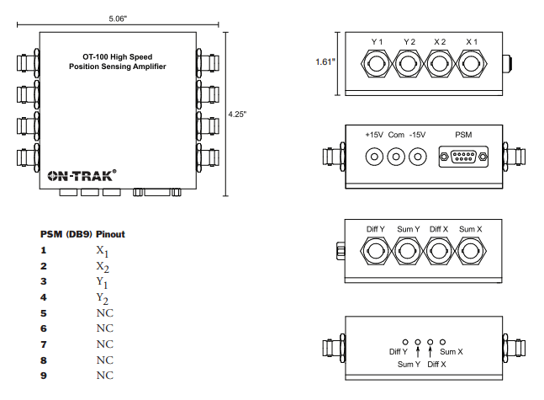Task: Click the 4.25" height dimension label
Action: pos(239,115)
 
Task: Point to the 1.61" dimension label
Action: pos(325,61)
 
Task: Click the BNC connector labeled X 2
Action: pos(440,62)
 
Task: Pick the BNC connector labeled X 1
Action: pos(471,62)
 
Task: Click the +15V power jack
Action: pos(373,157)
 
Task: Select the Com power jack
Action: pos(395,157)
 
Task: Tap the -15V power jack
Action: pos(417,157)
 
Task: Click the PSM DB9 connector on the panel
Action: pos(463,157)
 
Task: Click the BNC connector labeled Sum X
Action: pos(471,250)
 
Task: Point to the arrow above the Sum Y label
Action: pos(418,347)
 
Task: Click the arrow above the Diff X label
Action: pos(430,347)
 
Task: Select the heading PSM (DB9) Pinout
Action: pos(82,233)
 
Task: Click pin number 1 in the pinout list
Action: pos(43,250)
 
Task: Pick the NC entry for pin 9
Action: pos(104,375)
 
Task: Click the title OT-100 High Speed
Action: pos(117,55)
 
